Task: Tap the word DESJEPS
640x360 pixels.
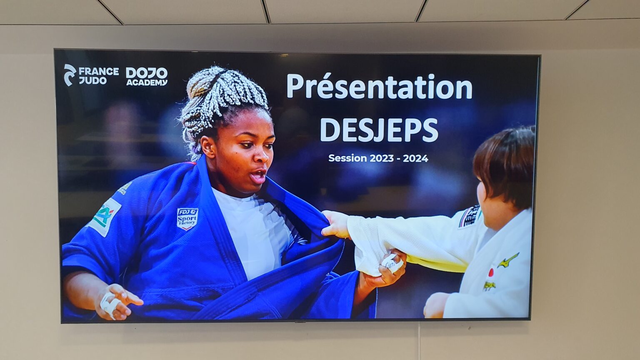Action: (379, 130)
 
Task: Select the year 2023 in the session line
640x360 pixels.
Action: (379, 158)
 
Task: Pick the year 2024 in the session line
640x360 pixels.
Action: (415, 158)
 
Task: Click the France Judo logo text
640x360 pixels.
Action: (98, 75)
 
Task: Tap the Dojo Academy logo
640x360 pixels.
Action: (147, 76)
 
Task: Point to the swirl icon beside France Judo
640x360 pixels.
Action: (70, 75)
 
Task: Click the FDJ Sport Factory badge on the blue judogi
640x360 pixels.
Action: (187, 218)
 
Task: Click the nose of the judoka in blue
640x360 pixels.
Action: (262, 156)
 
